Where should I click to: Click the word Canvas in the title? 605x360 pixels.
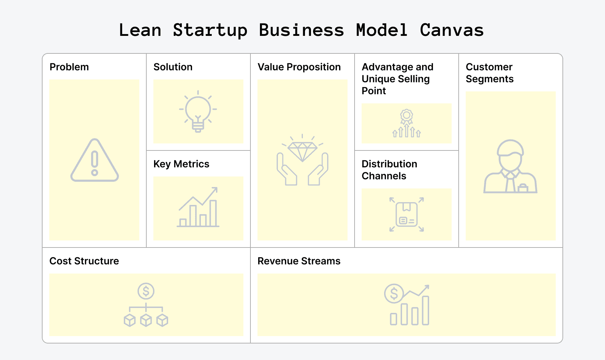coord(452,30)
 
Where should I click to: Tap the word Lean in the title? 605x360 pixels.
coord(140,30)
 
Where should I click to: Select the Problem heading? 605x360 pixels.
coord(69,67)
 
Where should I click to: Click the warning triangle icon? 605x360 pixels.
coord(95,161)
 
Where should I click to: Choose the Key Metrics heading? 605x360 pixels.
coord(181,164)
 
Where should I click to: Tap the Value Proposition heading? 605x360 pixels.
coord(299,67)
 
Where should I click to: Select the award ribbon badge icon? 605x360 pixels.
coord(407,116)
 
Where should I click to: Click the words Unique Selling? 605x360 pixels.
coord(395,79)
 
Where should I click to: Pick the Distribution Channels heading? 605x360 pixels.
coord(389,170)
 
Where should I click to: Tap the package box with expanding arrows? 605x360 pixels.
coord(407,214)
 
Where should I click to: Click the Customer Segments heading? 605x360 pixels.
coord(489,73)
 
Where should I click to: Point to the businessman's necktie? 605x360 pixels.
coord(510,183)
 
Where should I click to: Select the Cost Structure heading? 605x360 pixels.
coord(84,261)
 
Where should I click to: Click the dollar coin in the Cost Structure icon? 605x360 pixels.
coord(146,291)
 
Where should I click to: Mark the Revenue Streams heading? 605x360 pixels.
coord(299,261)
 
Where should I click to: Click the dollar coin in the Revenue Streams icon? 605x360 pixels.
coord(394,293)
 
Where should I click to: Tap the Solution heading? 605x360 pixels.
coord(173,67)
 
